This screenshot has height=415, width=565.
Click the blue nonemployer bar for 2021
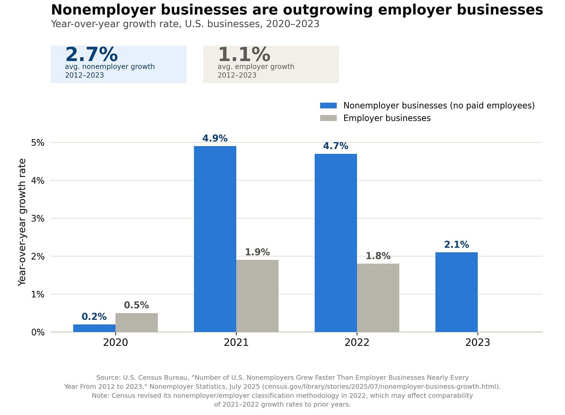[x=215, y=239]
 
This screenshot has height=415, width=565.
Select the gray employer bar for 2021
[x=257, y=296]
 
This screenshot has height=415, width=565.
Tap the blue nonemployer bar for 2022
[x=336, y=243]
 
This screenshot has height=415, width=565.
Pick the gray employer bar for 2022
[x=378, y=298]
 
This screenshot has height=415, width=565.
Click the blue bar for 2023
[x=456, y=292]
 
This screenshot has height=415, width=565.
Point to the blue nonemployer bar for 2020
[x=94, y=328]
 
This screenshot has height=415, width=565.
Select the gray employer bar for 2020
[x=137, y=323]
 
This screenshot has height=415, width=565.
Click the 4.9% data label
[x=215, y=138]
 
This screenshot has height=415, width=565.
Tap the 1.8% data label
[x=378, y=256]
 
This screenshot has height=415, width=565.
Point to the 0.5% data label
[x=137, y=305]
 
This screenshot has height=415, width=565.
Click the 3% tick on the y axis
[x=38, y=218]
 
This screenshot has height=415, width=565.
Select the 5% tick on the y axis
[x=38, y=143]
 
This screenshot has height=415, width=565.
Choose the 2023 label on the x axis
[x=477, y=343]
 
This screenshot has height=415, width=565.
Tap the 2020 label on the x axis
[x=116, y=343]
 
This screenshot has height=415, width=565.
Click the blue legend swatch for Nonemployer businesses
[x=328, y=106]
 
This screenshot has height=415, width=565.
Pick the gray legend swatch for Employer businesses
[x=328, y=118]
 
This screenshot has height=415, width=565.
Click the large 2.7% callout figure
[x=92, y=54]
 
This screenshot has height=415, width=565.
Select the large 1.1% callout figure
[x=244, y=54]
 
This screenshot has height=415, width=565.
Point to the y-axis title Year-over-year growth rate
[x=22, y=222]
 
